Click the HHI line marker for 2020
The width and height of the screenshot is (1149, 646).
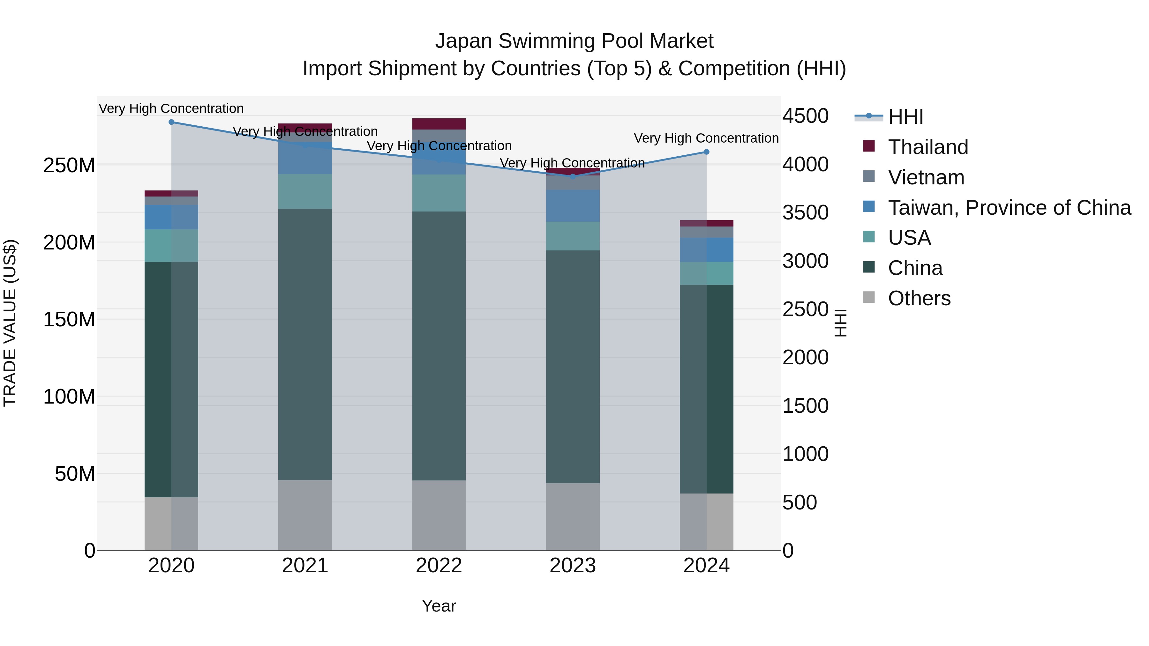click(171, 122)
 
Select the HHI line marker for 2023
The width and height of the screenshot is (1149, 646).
click(573, 176)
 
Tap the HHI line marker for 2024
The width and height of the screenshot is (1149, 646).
click(707, 152)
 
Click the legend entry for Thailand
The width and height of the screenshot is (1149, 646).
click(928, 147)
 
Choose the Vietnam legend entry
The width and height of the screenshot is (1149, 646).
click(926, 177)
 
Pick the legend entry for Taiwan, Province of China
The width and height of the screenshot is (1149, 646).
click(1009, 208)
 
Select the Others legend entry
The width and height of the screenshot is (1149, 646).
click(919, 298)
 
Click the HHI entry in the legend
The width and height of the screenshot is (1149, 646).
click(905, 117)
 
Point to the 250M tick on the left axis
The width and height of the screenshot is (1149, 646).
click(69, 165)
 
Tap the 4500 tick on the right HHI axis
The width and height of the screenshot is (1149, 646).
click(806, 116)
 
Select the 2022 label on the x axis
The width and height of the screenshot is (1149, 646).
click(439, 566)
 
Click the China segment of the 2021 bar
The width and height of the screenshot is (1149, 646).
click(305, 344)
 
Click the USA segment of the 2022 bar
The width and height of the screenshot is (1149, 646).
click(439, 193)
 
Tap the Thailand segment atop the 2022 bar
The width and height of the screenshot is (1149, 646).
click(439, 124)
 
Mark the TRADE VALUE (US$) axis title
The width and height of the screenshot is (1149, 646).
click(10, 323)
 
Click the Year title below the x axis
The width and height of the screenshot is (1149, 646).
click(439, 606)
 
